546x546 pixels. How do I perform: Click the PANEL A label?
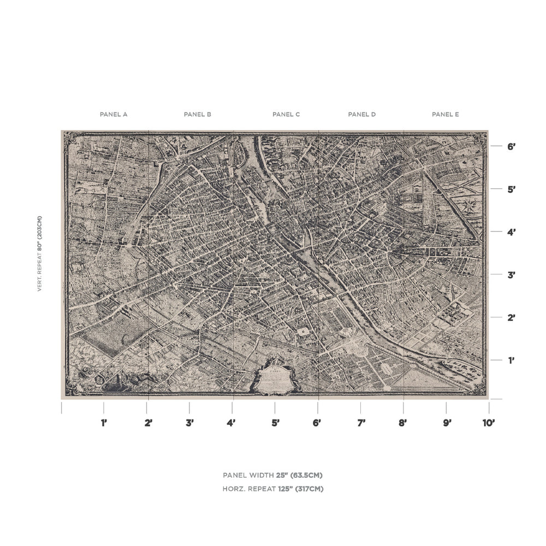coord(114,115)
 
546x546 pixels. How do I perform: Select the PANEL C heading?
coord(286,115)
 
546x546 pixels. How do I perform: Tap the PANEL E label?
coord(446,115)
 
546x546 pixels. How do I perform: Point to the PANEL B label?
coord(198,115)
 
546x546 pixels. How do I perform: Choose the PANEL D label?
coord(362,115)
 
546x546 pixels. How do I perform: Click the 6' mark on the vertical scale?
coord(512,147)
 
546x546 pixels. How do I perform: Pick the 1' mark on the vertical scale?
coord(512,360)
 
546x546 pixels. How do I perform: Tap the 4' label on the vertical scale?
coord(512,232)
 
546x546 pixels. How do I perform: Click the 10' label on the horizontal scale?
coord(488,423)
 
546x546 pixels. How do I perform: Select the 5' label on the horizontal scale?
coord(275,423)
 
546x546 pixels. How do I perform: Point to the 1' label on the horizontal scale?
coord(104,423)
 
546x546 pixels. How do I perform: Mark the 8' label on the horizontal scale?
coord(403,423)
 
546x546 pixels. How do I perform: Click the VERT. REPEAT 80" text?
coord(39,253)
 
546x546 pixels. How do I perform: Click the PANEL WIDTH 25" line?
coord(276,476)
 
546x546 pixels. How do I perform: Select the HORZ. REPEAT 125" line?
coord(273,489)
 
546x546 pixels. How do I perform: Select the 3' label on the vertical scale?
coord(512,275)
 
